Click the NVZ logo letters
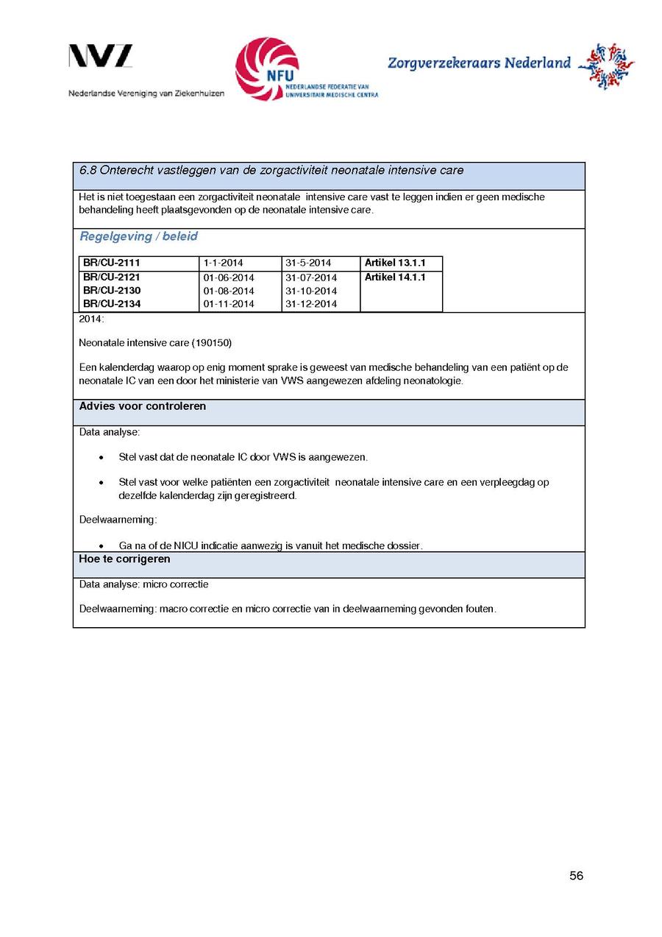click(101, 57)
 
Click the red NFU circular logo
click(266, 68)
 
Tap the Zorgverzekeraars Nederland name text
click(479, 63)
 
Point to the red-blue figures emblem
click(606, 66)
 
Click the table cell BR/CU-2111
click(112, 264)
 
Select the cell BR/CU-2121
click(112, 277)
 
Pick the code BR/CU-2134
click(112, 304)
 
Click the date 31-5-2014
click(308, 264)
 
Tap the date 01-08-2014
click(229, 291)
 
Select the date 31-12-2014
click(311, 304)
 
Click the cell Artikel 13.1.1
click(395, 264)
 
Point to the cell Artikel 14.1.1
click(395, 277)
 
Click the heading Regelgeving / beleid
click(138, 237)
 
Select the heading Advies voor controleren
click(143, 406)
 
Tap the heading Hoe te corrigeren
click(124, 559)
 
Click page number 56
click(576, 876)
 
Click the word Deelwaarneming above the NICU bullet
click(118, 520)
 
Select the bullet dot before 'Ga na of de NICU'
click(101, 546)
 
